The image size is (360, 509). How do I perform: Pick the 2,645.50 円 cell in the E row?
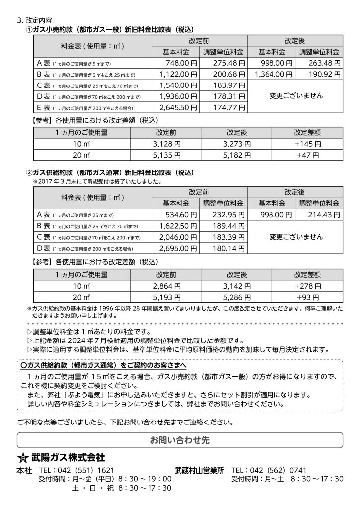coord(178,107)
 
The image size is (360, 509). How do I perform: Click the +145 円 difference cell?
coord(307,144)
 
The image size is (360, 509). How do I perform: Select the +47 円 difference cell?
coord(307,155)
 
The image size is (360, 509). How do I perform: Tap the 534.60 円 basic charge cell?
coord(181,215)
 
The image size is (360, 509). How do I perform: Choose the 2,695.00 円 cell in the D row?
coord(178,248)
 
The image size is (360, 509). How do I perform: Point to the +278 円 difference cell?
coord(307,286)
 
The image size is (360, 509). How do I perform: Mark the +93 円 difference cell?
coord(307,297)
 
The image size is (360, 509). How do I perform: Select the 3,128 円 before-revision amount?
coord(165,144)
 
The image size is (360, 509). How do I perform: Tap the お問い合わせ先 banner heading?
coord(180,440)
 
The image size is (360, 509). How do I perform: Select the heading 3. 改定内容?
coord(34,21)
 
